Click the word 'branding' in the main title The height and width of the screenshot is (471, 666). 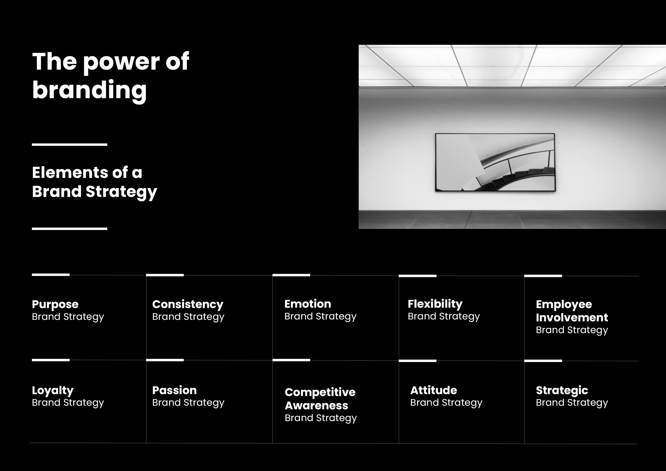coord(89,90)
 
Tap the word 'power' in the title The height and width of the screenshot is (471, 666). coord(121,62)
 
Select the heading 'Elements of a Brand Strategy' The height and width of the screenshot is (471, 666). coord(94,182)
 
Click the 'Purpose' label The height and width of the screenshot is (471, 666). coord(55,304)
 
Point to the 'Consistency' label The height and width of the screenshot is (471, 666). coord(188,304)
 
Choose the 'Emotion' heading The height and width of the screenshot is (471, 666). coord(307,304)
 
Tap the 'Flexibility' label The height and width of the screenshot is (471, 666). coord(435,304)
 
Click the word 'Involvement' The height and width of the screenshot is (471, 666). coord(572,317)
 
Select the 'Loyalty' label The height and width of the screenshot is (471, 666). coord(52,390)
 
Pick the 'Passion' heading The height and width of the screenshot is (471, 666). coord(174,390)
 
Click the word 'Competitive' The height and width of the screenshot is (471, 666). coord(320,392)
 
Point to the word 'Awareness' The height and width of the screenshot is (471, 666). coord(316,406)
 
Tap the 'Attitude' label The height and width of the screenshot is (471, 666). coord(433,390)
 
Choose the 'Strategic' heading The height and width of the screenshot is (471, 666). coord(562,390)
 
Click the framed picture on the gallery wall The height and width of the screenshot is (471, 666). coord(495,162)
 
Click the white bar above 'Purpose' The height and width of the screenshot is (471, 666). coord(51,275)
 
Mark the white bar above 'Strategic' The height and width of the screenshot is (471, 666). coord(543,361)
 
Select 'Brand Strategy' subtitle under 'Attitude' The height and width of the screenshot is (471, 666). coord(446,403)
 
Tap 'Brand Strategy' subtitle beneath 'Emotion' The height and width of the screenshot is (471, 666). coord(320,316)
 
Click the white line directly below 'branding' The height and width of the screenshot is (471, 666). coord(70,144)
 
